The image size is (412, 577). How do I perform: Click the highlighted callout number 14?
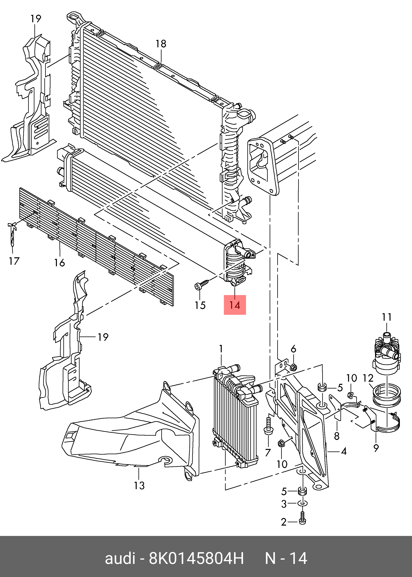[235, 305]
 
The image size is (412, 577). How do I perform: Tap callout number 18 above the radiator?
[161, 44]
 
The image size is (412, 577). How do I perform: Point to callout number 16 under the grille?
[59, 263]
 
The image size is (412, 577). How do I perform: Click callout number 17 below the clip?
[14, 261]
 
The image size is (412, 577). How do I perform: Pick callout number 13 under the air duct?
[139, 485]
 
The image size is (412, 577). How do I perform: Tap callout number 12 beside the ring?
[368, 378]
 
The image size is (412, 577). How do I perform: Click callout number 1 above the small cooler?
[221, 349]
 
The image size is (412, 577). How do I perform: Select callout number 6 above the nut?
[293, 349]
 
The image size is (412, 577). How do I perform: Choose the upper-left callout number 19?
[36, 19]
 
